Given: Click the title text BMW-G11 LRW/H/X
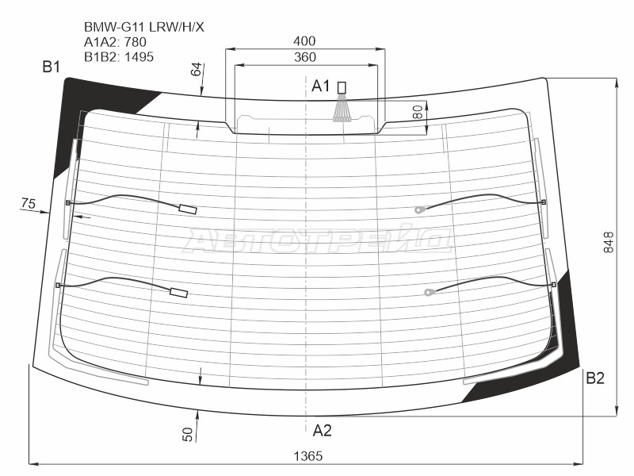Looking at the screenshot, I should (x=143, y=25).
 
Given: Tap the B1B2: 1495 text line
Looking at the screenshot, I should (x=119, y=56).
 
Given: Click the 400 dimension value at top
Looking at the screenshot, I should (x=304, y=41).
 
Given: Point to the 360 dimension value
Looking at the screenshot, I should (x=304, y=57).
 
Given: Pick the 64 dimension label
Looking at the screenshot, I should (x=197, y=70).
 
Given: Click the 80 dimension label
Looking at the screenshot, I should (x=418, y=112).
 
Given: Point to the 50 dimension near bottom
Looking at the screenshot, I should (x=188, y=434).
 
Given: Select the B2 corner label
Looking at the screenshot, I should (x=595, y=378).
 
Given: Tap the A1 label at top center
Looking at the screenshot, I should (x=320, y=86).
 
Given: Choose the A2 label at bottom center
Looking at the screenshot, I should (x=322, y=431).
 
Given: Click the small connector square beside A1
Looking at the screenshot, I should (x=342, y=86).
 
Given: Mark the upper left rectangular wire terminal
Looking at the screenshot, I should (x=189, y=209).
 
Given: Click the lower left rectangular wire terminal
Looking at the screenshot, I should (x=179, y=293).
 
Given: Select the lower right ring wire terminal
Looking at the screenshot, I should (x=429, y=293).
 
